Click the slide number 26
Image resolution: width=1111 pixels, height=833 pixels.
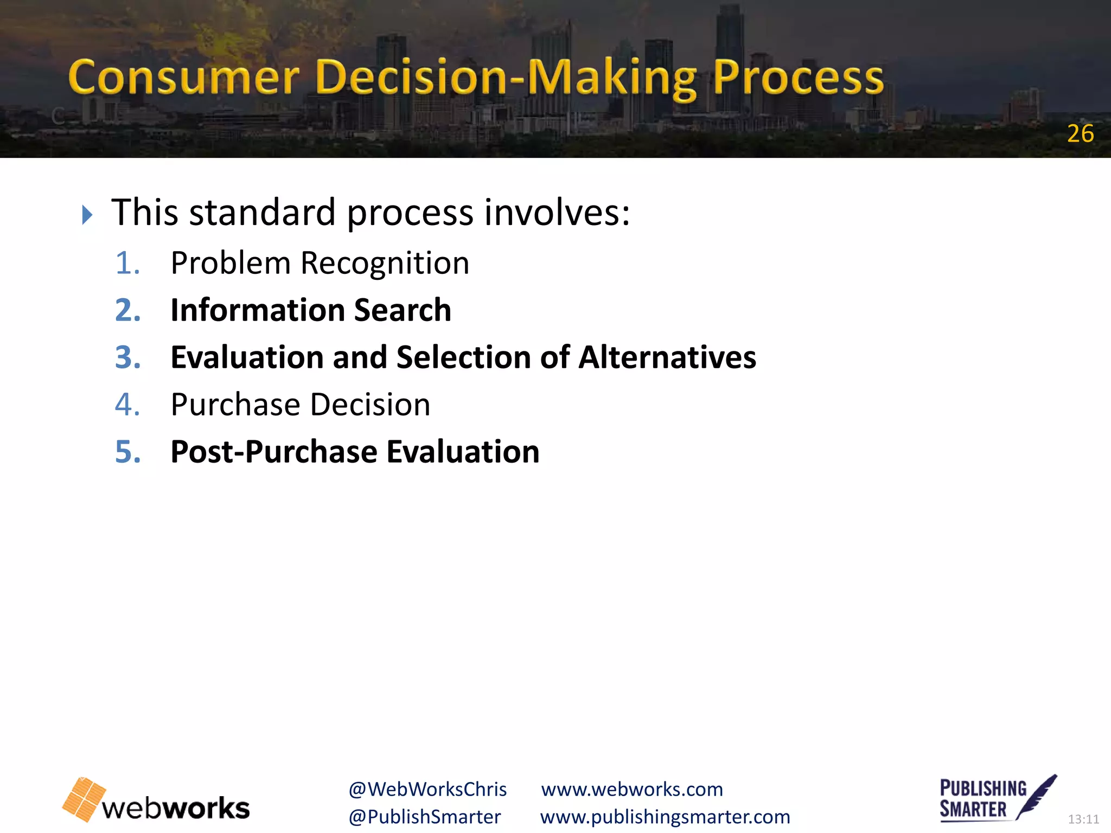click(x=1080, y=134)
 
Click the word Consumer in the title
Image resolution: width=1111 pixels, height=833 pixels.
click(x=183, y=78)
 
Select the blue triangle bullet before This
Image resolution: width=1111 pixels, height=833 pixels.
click(x=87, y=215)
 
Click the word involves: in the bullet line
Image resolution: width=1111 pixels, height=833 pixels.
click(x=557, y=212)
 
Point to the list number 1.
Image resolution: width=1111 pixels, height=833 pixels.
click(x=127, y=264)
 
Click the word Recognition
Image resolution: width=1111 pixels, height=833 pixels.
click(x=385, y=264)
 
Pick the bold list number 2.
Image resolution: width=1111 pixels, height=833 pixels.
click(x=128, y=310)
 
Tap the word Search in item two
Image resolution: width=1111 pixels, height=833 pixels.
click(x=402, y=310)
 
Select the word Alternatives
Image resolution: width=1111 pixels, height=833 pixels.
click(x=667, y=357)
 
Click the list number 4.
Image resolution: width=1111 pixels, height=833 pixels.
click(x=127, y=405)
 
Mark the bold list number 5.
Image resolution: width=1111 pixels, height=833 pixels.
click(x=128, y=452)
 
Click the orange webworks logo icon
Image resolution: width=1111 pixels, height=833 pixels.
click(x=84, y=799)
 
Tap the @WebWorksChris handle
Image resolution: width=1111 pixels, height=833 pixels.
click(x=427, y=790)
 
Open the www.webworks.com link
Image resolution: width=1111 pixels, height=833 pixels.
click(x=632, y=790)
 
